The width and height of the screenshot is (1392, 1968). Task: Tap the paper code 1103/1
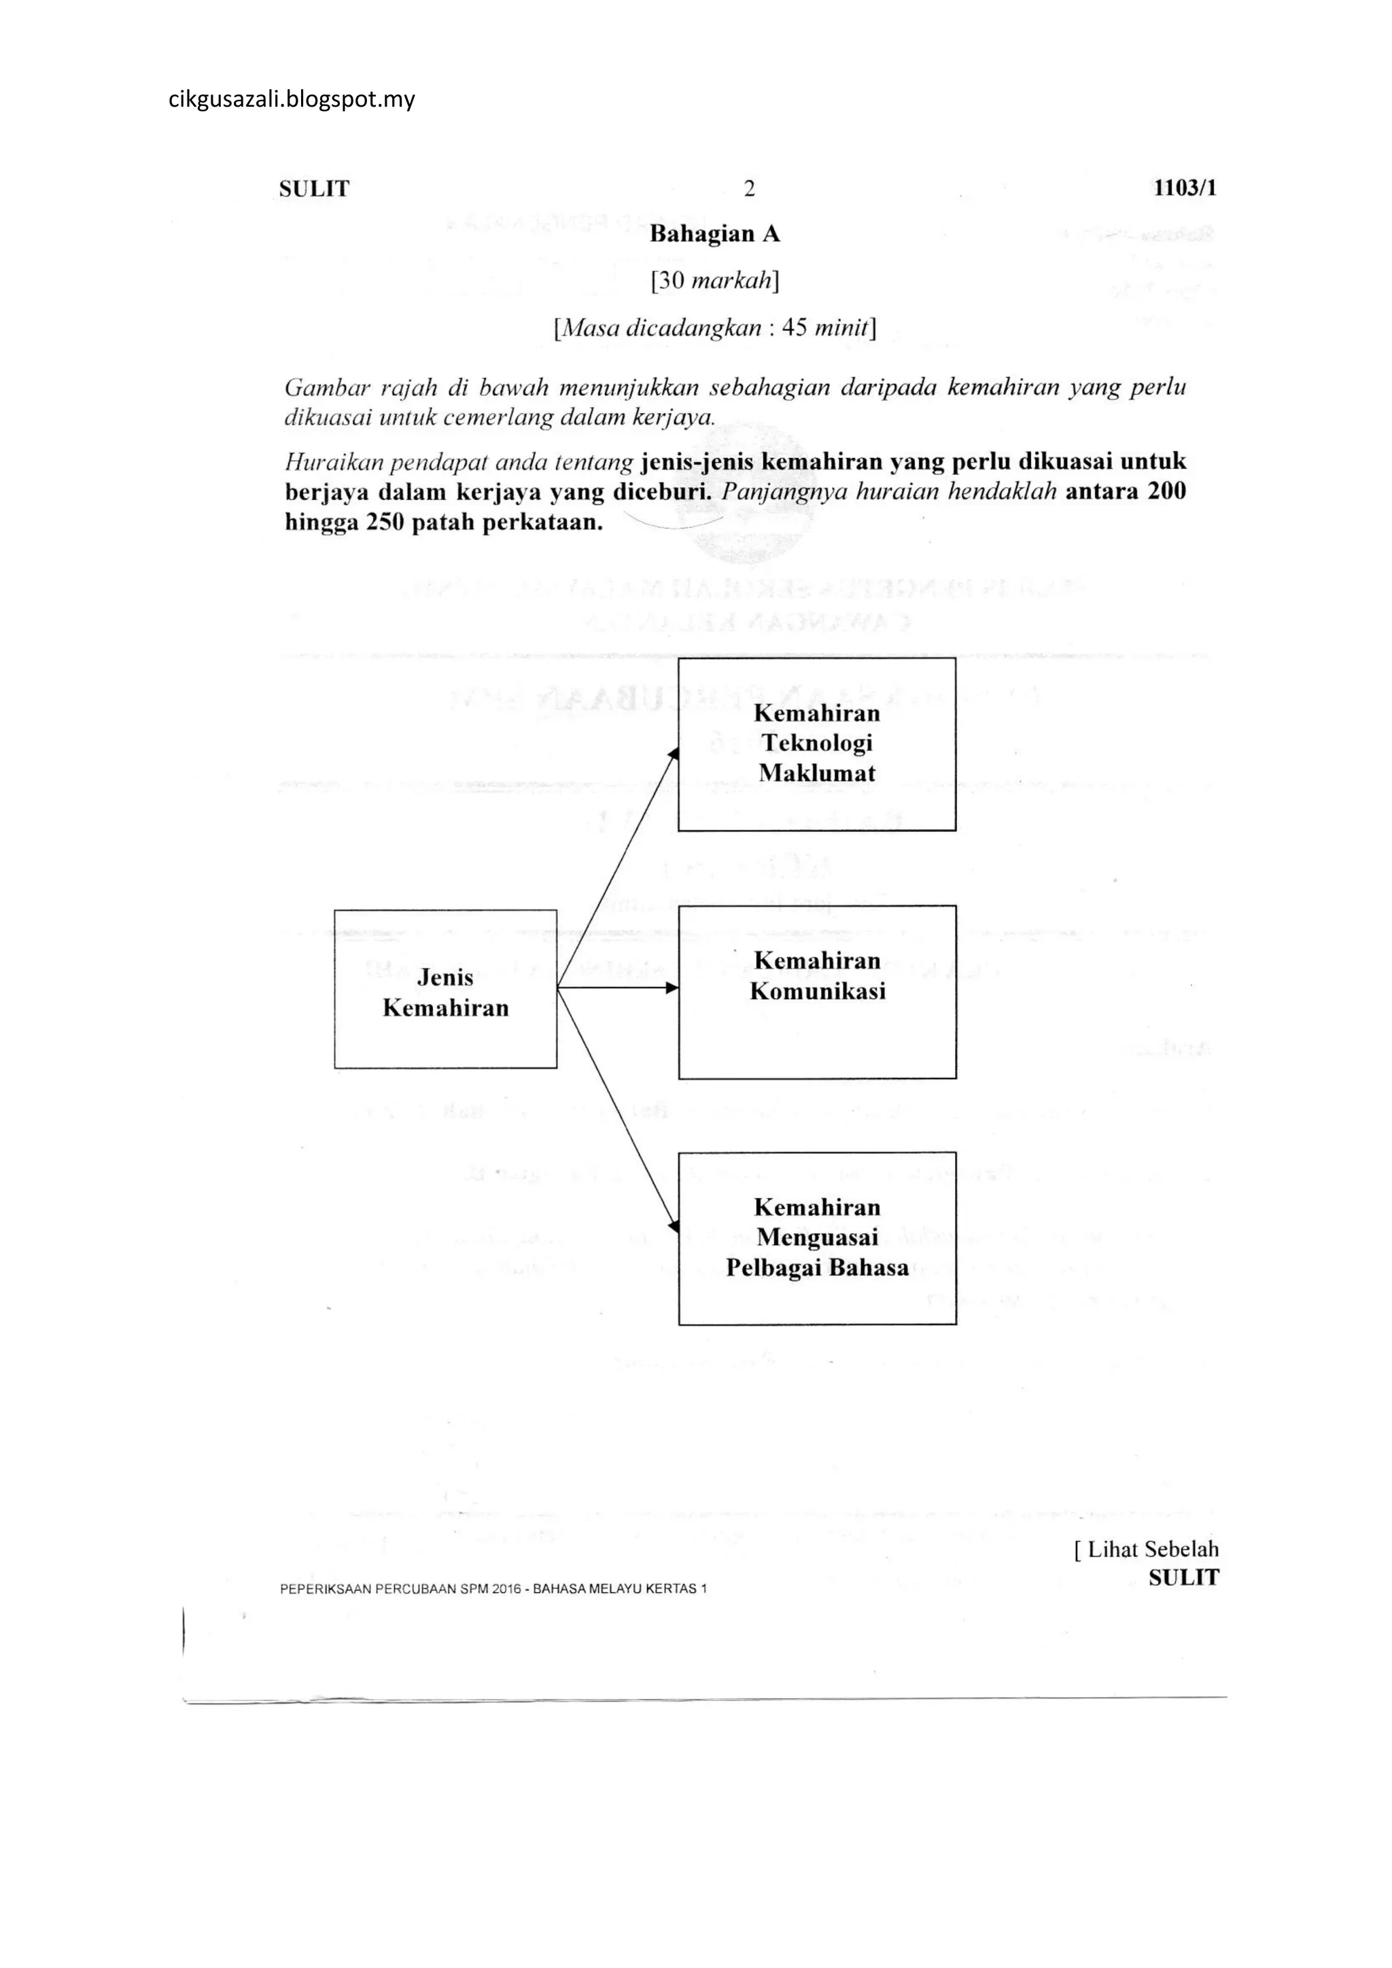1185,188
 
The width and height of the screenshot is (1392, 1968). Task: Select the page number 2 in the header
749,188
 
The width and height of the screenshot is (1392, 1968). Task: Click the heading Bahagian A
715,234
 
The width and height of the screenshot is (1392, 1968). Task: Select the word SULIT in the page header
315,188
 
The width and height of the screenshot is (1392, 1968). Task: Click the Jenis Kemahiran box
446,989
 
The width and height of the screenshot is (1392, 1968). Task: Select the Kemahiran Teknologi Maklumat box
817,744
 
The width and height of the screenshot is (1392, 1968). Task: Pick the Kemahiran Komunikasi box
817,991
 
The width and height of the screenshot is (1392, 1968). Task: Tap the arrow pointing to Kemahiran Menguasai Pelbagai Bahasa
619,1111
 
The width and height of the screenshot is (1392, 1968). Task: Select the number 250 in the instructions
385,523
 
